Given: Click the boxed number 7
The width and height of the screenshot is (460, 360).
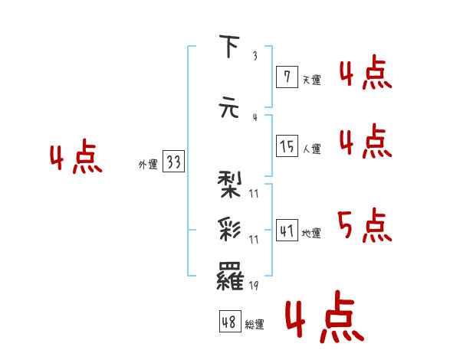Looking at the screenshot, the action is pyautogui.click(x=286, y=77).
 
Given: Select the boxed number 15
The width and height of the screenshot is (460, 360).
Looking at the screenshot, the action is pyautogui.click(x=287, y=146).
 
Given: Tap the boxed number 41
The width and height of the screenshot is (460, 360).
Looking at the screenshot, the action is pyautogui.click(x=287, y=231).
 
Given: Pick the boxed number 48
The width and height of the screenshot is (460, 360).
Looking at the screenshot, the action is pyautogui.click(x=230, y=322).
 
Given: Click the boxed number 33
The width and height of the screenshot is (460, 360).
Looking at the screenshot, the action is pyautogui.click(x=173, y=162).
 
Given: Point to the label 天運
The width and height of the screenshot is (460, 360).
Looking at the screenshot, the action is pyautogui.click(x=311, y=79).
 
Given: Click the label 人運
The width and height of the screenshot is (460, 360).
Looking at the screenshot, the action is pyautogui.click(x=311, y=149).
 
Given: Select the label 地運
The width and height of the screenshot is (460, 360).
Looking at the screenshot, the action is pyautogui.click(x=311, y=234).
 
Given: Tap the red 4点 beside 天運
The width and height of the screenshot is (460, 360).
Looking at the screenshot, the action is pyautogui.click(x=365, y=74).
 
